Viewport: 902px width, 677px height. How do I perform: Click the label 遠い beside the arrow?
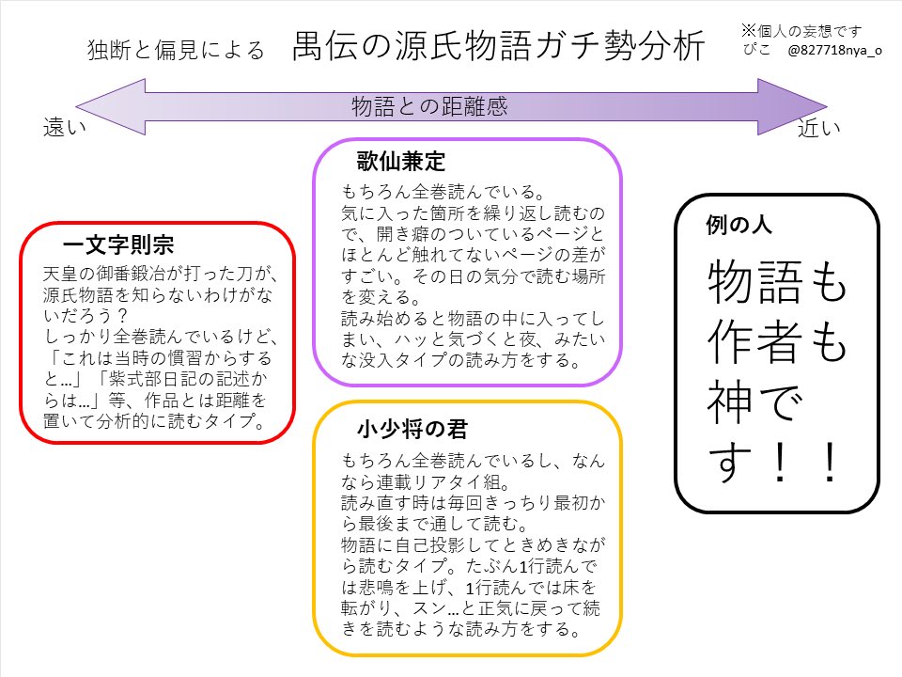coord(65,130)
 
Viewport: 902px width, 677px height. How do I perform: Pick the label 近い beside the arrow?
coord(819,130)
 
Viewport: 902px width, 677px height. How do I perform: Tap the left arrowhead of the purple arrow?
coord(103,105)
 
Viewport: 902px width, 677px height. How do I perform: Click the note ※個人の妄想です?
coord(802,29)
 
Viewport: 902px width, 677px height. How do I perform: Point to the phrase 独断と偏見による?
coord(177,50)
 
